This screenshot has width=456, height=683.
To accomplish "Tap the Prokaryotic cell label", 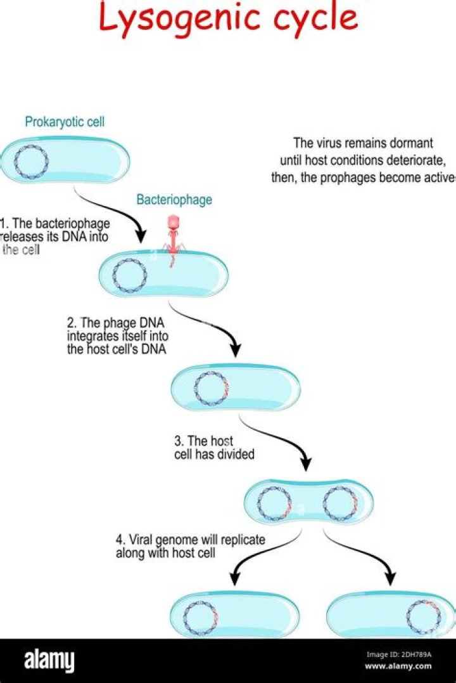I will click(65, 122).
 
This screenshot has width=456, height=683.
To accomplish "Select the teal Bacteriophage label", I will click(174, 200).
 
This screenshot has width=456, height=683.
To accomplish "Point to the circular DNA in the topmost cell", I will click(31, 162).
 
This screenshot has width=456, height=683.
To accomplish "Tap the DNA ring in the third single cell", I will click(210, 387).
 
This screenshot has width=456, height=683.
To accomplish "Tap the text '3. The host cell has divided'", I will click(214, 448).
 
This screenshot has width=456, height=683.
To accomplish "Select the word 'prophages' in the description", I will click(350, 178).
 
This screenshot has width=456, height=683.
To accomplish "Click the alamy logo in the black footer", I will click(49, 660).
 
